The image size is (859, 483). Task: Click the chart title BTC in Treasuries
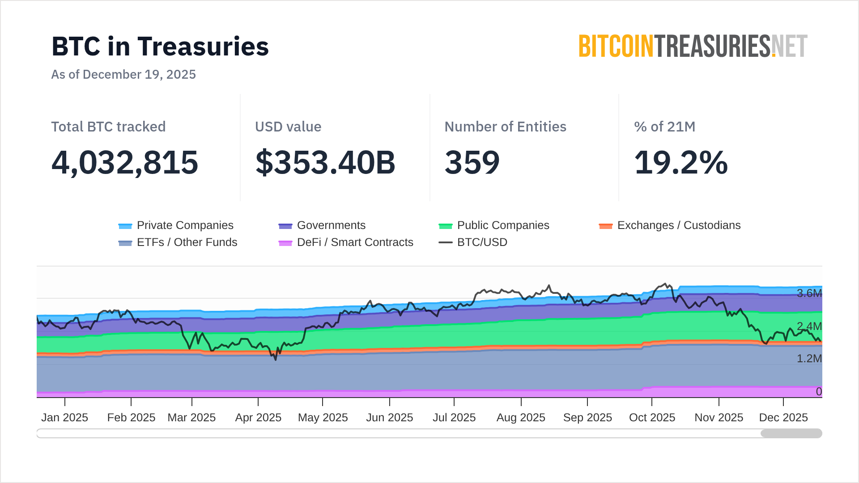[160, 47]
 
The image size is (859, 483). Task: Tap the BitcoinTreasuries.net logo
[693, 47]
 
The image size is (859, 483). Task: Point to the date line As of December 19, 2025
[123, 74]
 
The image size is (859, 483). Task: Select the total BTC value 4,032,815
[125, 162]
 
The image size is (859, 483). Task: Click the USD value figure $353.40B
[325, 162]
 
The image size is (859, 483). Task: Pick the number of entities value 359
[472, 162]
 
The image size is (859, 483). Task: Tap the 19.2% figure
[681, 162]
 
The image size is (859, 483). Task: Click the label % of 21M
[664, 127]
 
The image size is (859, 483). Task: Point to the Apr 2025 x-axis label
[258, 418]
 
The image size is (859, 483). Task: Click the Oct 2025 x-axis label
[652, 418]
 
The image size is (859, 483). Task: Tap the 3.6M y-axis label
[809, 293]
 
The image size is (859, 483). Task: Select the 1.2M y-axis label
[809, 359]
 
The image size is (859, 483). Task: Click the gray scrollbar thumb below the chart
[791, 433]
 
